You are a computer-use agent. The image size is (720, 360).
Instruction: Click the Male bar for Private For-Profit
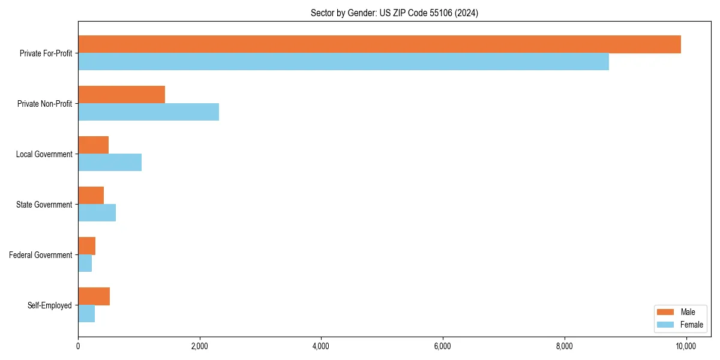(x=379, y=44)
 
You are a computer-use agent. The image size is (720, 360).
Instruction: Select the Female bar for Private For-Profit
(x=343, y=62)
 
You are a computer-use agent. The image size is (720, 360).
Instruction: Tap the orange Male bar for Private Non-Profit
(x=121, y=95)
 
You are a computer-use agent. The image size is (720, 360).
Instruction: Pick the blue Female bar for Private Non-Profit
(x=148, y=112)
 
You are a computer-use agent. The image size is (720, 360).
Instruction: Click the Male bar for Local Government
(x=93, y=145)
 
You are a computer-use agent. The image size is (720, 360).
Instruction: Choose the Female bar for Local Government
(x=110, y=163)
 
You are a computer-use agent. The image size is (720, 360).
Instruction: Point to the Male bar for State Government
(x=91, y=196)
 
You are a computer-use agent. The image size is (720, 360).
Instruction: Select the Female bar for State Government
(x=97, y=213)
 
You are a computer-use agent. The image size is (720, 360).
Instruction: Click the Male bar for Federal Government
(x=86, y=246)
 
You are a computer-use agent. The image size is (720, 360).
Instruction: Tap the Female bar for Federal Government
(x=85, y=263)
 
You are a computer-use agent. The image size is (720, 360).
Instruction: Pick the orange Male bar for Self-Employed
(x=94, y=296)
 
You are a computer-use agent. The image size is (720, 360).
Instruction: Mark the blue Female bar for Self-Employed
(x=86, y=314)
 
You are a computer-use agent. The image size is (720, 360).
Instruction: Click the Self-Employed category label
(x=50, y=305)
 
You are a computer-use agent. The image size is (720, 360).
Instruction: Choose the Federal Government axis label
(x=41, y=255)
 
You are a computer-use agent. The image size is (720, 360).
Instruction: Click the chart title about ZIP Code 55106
(x=394, y=13)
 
